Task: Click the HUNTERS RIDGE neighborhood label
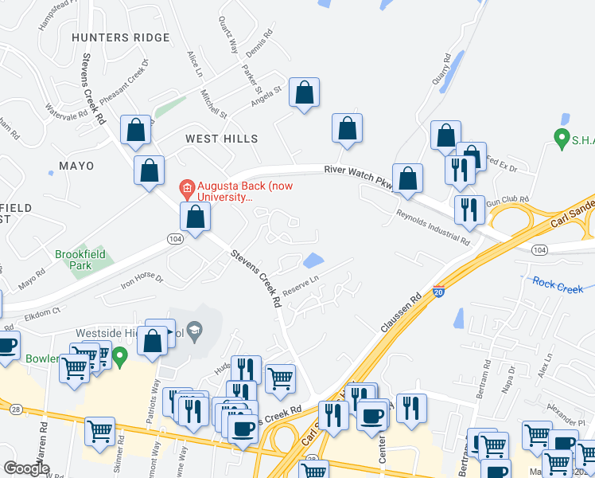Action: [120, 37]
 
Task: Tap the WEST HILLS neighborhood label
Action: [222, 139]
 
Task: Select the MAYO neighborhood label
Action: [76, 166]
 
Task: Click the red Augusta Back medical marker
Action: [187, 189]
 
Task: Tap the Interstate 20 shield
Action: [438, 292]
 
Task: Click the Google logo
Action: [26, 468]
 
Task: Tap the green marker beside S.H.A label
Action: [562, 136]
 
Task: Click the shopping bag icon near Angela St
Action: [304, 92]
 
